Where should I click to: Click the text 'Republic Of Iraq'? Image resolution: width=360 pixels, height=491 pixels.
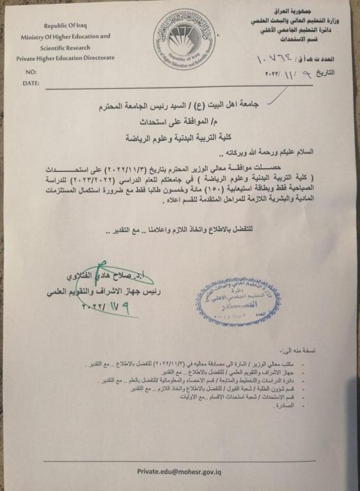pos(73,26)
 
